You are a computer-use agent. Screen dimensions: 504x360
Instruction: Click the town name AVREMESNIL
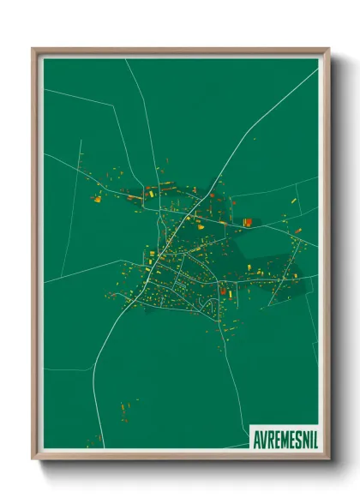pyautogui.click(x=283, y=435)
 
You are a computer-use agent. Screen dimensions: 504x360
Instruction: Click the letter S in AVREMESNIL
pyautogui.click(x=294, y=435)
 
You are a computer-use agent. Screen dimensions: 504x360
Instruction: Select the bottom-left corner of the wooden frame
pyautogui.click(x=33, y=459)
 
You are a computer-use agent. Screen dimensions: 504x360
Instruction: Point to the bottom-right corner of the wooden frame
pyautogui.click(x=328, y=459)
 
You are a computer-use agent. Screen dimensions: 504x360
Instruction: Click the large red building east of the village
pyautogui.click(x=247, y=222)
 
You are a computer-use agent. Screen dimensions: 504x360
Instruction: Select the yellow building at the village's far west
pyautogui.click(x=97, y=199)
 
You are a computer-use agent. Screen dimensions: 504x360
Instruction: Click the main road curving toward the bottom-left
pyautogui.click(x=107, y=343)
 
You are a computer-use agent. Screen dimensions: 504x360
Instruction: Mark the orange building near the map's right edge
pyautogui.click(x=297, y=230)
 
